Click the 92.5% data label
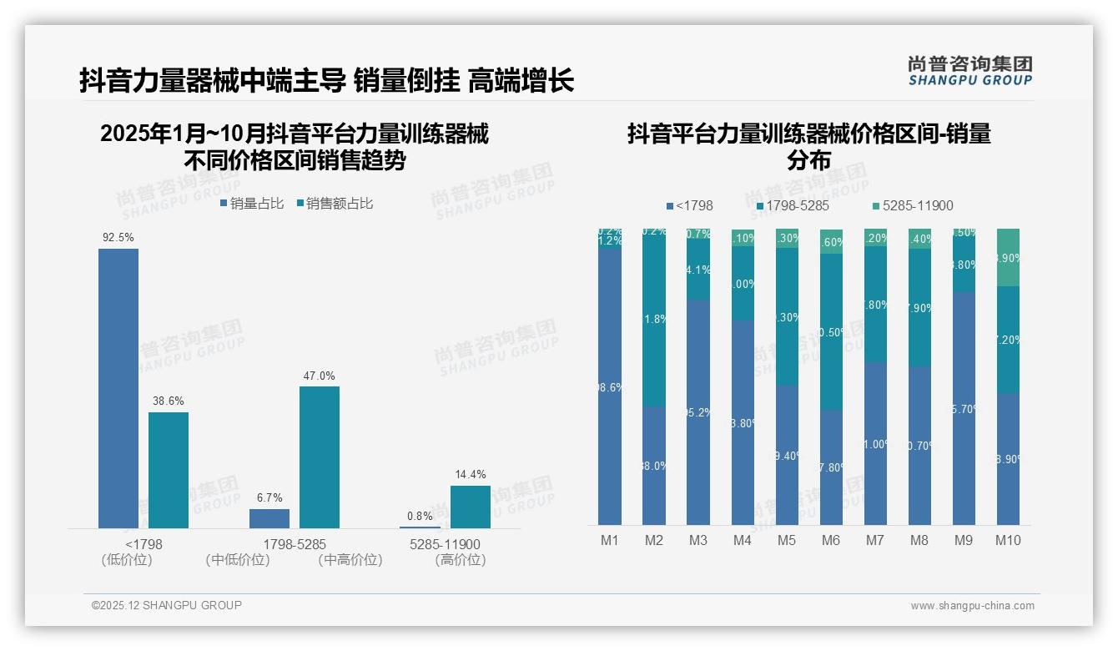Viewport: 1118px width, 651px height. point(118,238)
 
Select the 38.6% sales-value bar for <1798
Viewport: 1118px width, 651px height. point(169,470)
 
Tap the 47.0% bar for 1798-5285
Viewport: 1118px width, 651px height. point(320,457)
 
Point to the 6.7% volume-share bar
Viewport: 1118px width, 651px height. point(269,518)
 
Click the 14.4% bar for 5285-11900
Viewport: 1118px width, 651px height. point(471,507)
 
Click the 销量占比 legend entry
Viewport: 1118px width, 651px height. point(252,204)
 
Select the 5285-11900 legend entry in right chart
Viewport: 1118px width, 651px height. point(913,205)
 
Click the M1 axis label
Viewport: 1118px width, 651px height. point(610,540)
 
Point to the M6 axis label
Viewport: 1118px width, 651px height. point(831,540)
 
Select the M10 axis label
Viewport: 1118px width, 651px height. point(1008,540)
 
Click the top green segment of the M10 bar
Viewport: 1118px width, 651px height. point(1009,257)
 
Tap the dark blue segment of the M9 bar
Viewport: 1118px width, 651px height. point(964,408)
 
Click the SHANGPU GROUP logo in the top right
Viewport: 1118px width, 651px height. point(970,71)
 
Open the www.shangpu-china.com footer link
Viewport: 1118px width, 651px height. point(972,606)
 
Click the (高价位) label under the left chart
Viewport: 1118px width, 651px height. point(461,560)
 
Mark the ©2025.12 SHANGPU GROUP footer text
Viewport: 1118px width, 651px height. point(167,605)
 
